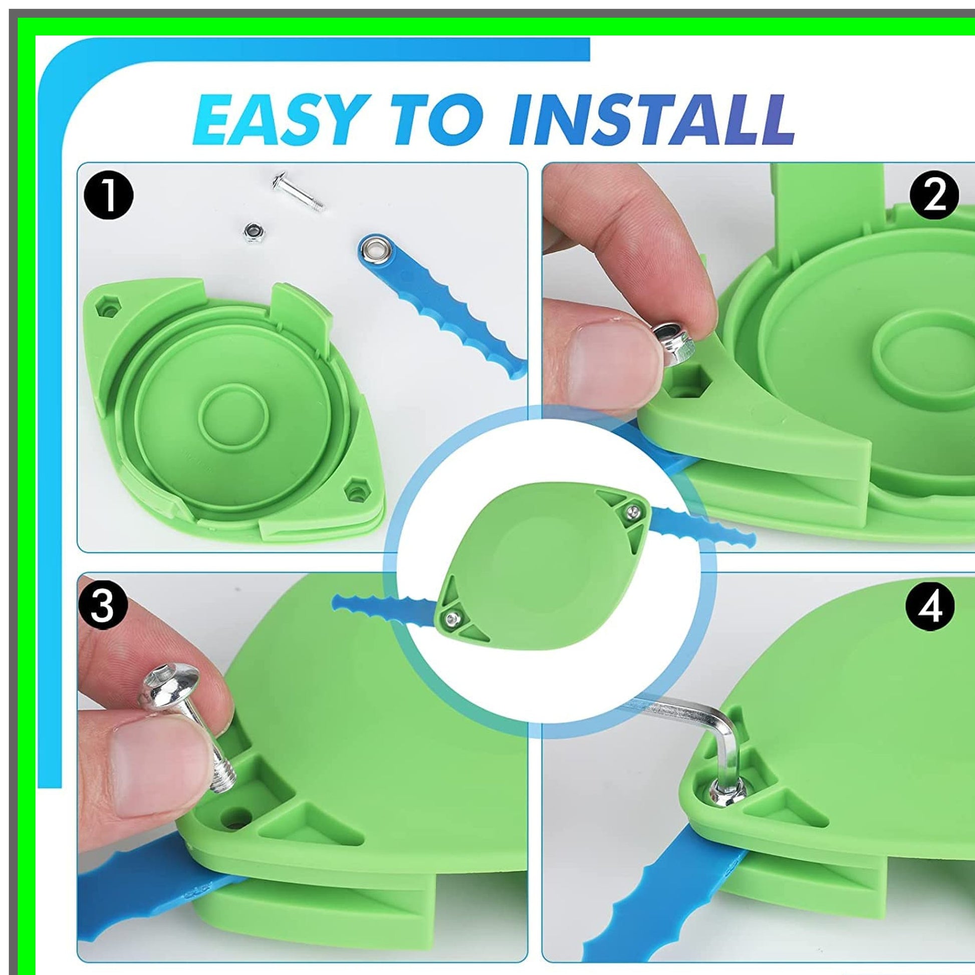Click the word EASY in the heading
pyautogui.click(x=280, y=120)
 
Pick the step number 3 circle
pyautogui.click(x=102, y=607)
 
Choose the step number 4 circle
pyautogui.click(x=930, y=607)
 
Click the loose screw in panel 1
pyautogui.click(x=298, y=192)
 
